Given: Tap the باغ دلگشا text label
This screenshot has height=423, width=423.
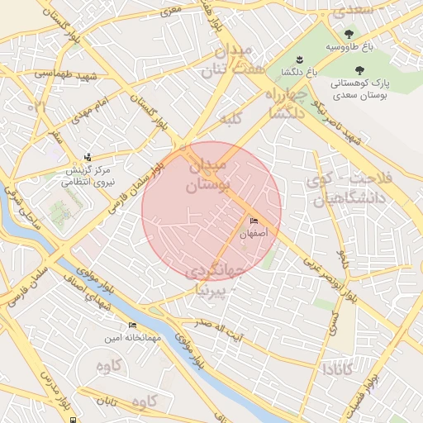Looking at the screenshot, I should point(299,74).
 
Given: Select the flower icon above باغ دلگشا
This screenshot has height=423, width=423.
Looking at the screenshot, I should point(299,59).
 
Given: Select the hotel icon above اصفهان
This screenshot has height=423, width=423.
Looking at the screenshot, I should point(254,221).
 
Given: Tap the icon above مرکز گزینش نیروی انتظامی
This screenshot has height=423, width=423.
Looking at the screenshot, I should point(88,157).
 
